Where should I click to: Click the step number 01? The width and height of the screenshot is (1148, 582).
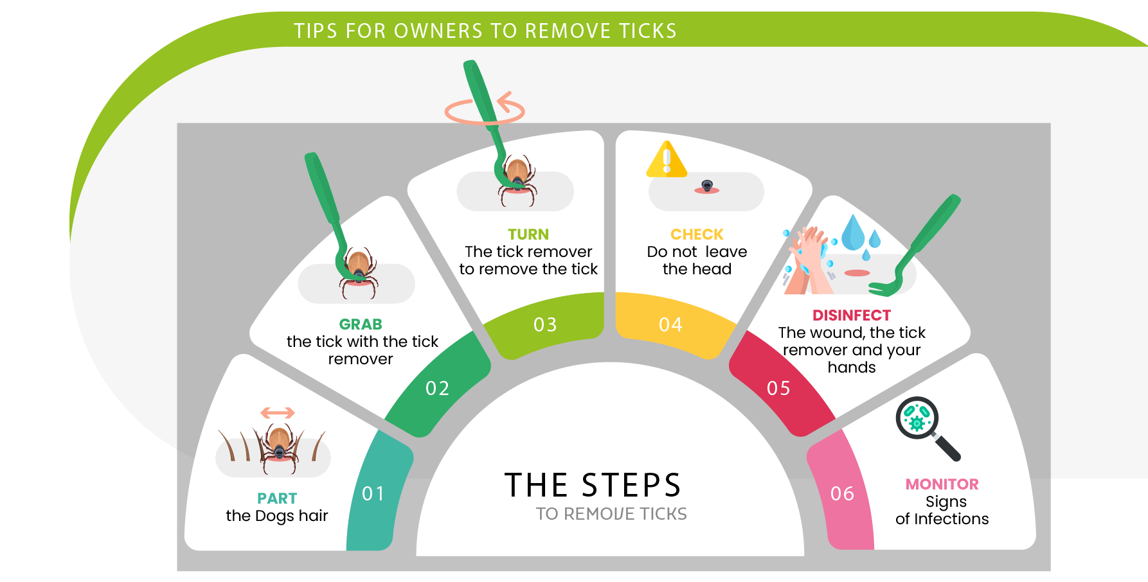[x=373, y=493]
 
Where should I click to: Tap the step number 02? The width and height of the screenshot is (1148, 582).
[x=437, y=388]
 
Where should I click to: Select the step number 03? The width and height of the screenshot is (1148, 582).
[x=545, y=324]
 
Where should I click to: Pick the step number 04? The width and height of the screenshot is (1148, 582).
[x=670, y=324]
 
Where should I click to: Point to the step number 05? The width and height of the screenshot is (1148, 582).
[x=778, y=388]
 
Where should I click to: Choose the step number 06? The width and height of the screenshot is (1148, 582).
[x=842, y=493]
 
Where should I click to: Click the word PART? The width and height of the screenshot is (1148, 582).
[x=277, y=498]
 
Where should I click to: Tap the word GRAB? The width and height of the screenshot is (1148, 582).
[x=361, y=324]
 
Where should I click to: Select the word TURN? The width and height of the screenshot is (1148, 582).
[x=528, y=234]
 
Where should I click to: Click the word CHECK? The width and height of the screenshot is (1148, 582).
[x=697, y=234]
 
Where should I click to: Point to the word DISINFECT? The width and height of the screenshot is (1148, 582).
[x=852, y=315]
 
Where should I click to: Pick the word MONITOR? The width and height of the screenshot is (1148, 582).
[x=942, y=484]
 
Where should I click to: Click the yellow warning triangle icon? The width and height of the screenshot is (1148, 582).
[x=667, y=159]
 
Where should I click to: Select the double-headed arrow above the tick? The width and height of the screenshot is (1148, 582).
[x=278, y=412]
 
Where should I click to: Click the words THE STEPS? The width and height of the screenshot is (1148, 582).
[x=593, y=485]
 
